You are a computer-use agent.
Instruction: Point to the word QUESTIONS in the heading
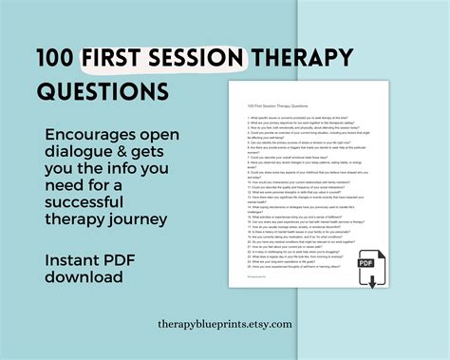click(103, 91)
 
